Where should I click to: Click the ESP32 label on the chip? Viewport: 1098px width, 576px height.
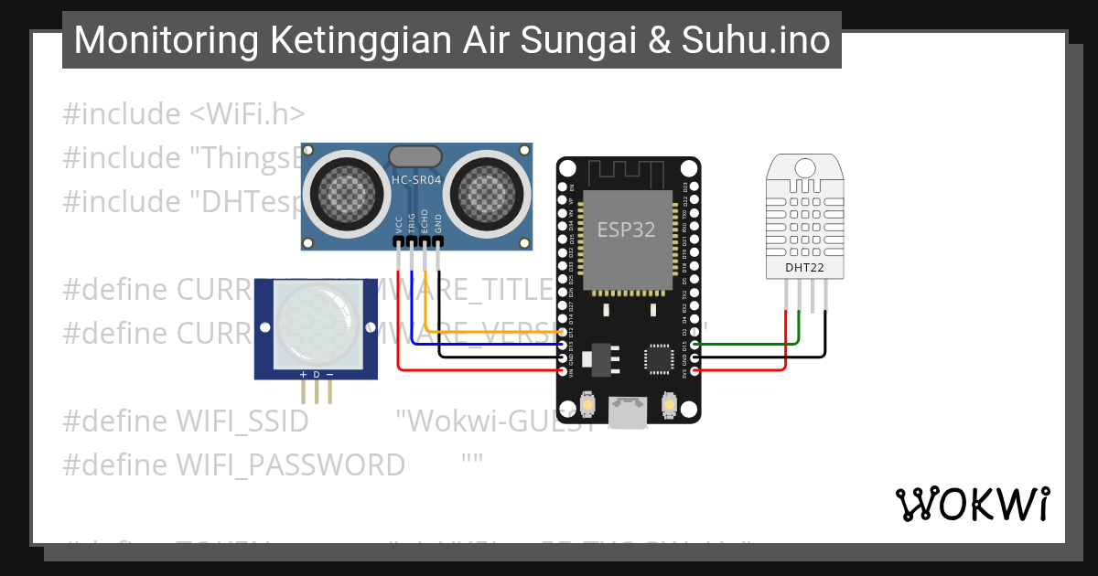click(x=627, y=229)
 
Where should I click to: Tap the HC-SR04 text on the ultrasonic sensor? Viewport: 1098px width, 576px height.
click(x=416, y=181)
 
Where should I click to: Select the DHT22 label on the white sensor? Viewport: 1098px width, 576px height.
click(x=804, y=268)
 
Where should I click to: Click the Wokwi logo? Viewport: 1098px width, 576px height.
click(x=972, y=504)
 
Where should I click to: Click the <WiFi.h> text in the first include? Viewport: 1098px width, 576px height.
click(x=247, y=114)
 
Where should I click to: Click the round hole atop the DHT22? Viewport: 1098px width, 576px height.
click(x=805, y=168)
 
